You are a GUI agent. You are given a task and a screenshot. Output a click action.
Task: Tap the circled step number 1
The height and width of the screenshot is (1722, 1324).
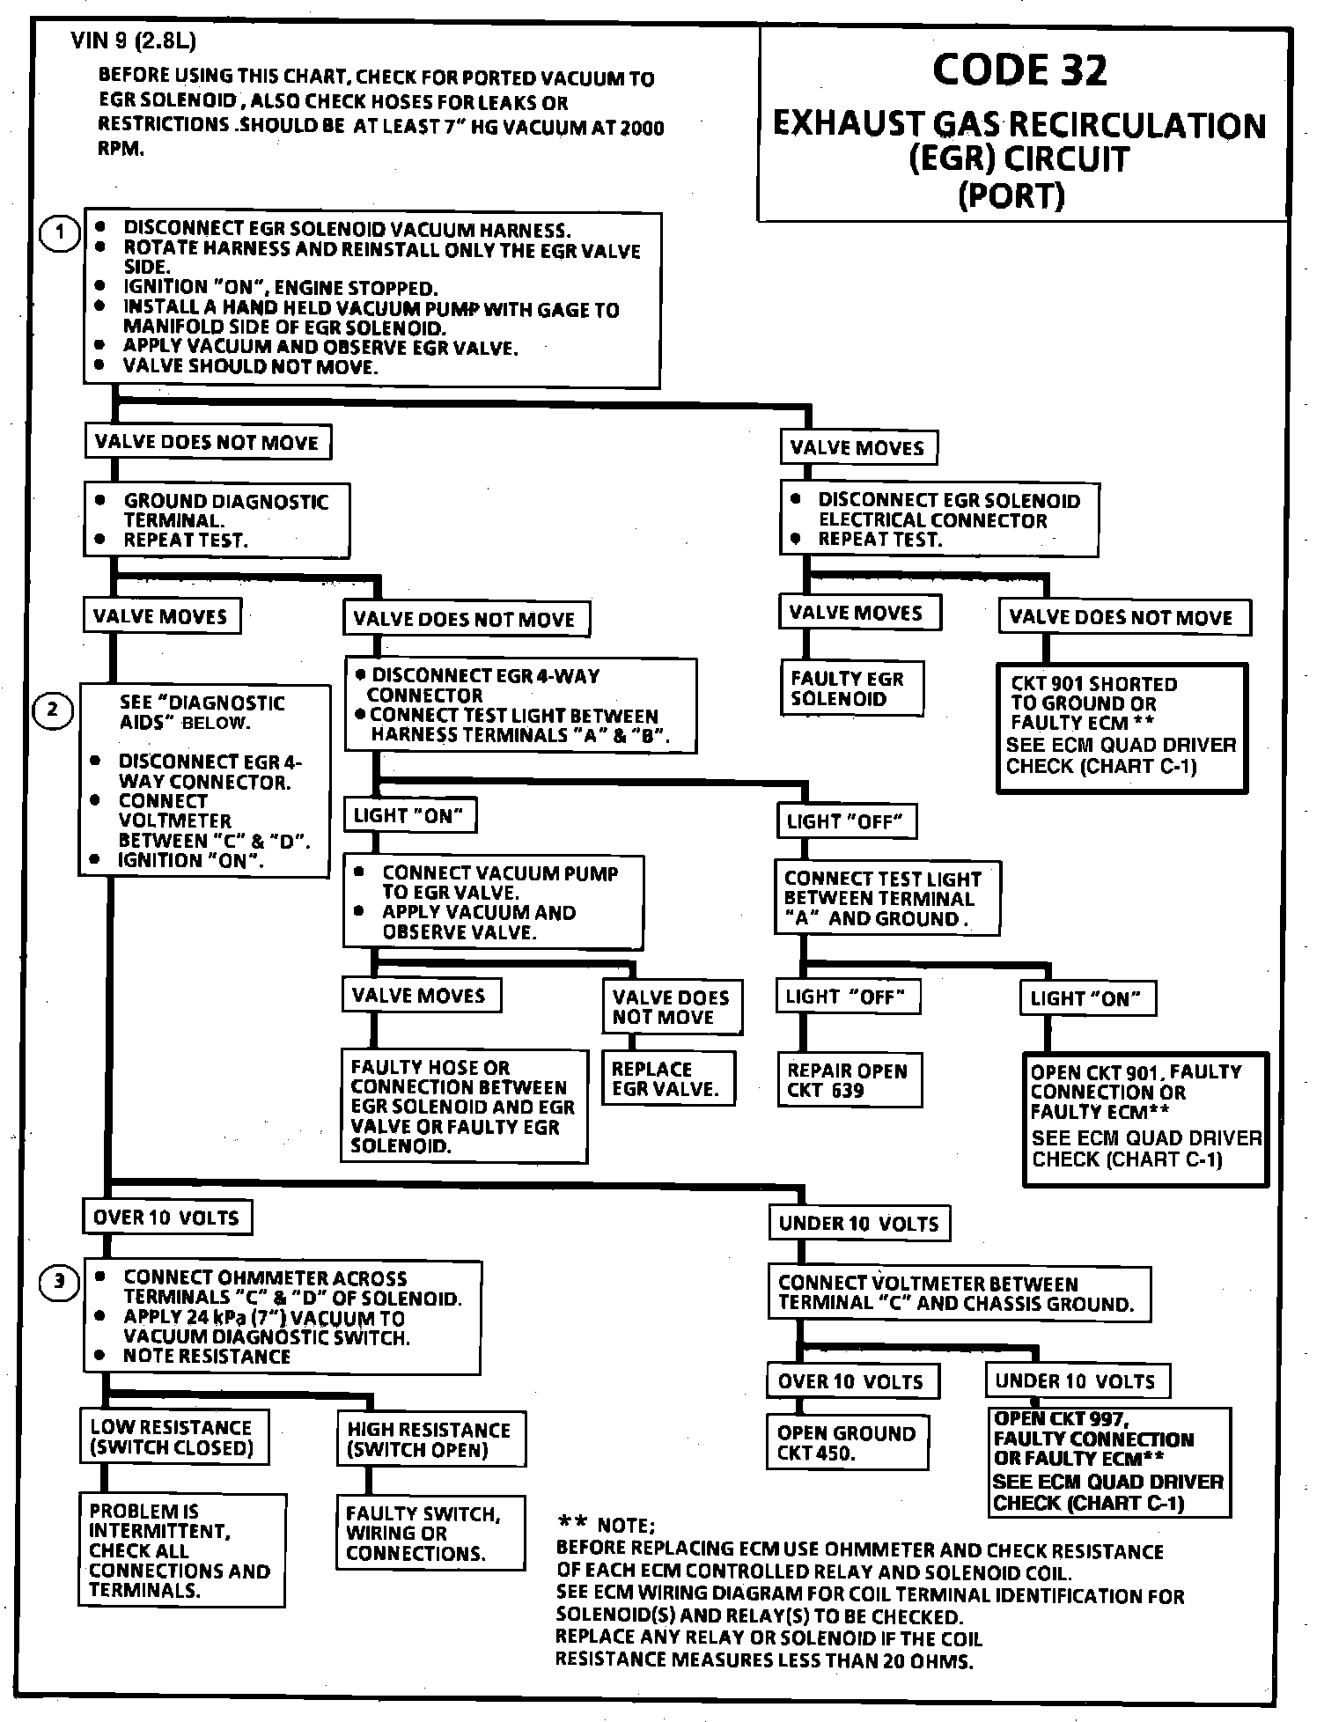60,233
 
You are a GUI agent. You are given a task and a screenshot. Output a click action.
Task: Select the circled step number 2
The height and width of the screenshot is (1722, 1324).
52,709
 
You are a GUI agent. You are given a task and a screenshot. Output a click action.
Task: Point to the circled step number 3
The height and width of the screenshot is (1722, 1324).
60,1281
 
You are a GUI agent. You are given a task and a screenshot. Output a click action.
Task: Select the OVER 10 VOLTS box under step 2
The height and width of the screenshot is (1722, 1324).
166,1218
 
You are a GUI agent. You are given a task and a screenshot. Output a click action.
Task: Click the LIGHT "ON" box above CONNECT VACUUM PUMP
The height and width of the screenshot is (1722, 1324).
408,815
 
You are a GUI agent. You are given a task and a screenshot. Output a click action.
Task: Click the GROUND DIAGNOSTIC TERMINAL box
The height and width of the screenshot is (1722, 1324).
217,519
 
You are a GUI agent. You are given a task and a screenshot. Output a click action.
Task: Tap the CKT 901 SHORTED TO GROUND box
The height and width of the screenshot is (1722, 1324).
1122,727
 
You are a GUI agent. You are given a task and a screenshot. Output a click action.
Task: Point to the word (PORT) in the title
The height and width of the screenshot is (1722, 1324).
1011,195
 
